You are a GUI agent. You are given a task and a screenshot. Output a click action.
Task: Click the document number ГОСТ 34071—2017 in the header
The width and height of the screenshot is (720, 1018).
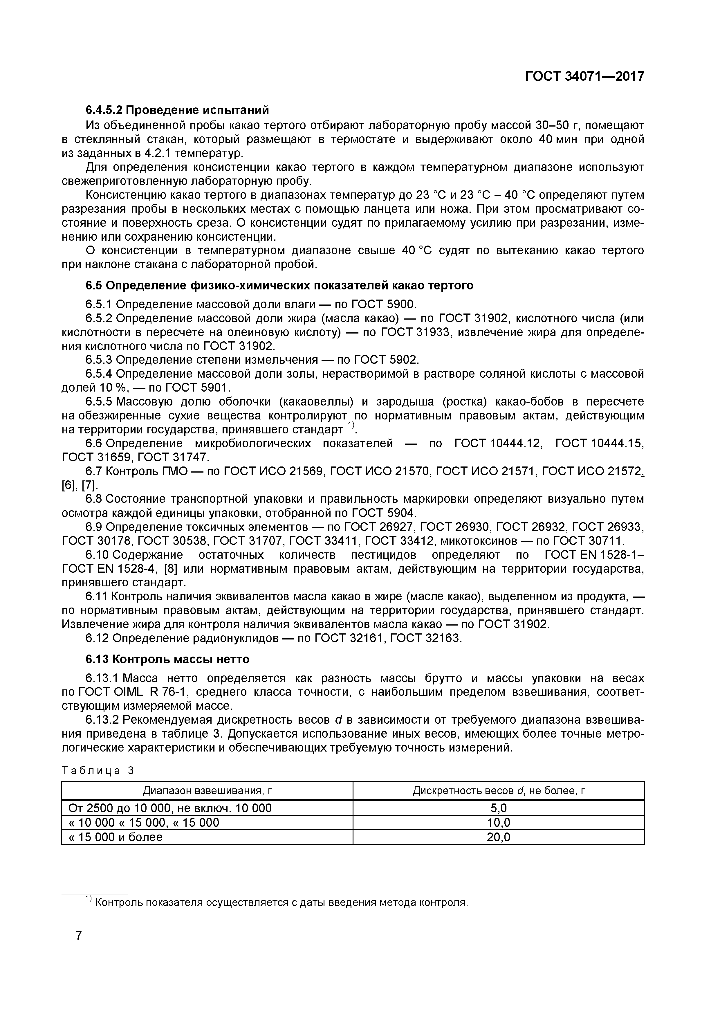click(584, 77)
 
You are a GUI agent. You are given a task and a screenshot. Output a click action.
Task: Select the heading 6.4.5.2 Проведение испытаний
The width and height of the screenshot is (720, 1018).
click(177, 109)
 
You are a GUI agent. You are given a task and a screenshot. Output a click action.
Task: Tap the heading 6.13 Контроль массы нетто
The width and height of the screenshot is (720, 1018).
click(167, 659)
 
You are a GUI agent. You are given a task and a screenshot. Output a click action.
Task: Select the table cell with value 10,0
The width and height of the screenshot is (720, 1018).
click(498, 823)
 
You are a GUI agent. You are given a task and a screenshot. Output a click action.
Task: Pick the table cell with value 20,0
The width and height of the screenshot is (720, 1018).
click(498, 837)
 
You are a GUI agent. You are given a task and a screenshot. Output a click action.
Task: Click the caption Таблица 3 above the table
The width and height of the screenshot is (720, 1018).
click(98, 771)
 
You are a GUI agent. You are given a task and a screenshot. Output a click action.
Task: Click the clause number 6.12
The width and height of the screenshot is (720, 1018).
click(97, 639)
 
